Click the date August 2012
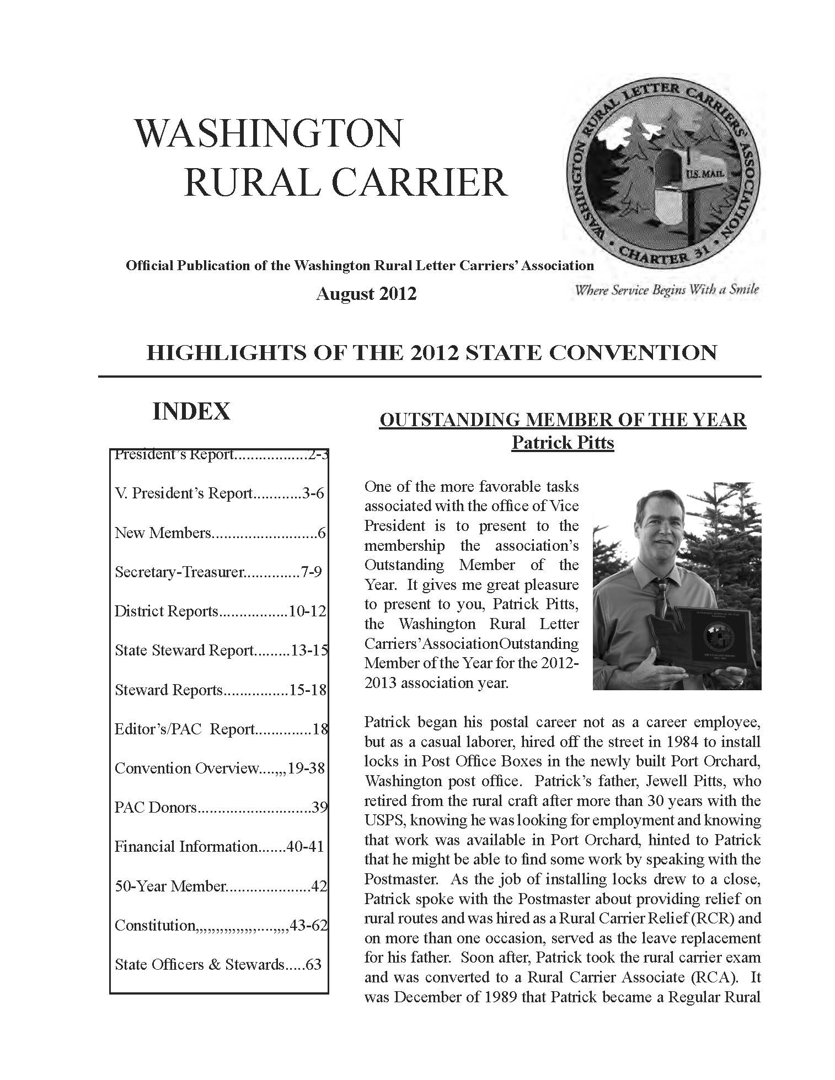click(366, 293)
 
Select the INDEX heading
click(191, 411)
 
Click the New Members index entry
click(220, 533)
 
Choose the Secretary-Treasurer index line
click(218, 572)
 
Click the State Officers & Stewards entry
click(218, 964)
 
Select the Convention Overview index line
click(219, 768)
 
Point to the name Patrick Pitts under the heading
click(563, 443)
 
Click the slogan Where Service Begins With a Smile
click(666, 290)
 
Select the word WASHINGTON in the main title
click(269, 133)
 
